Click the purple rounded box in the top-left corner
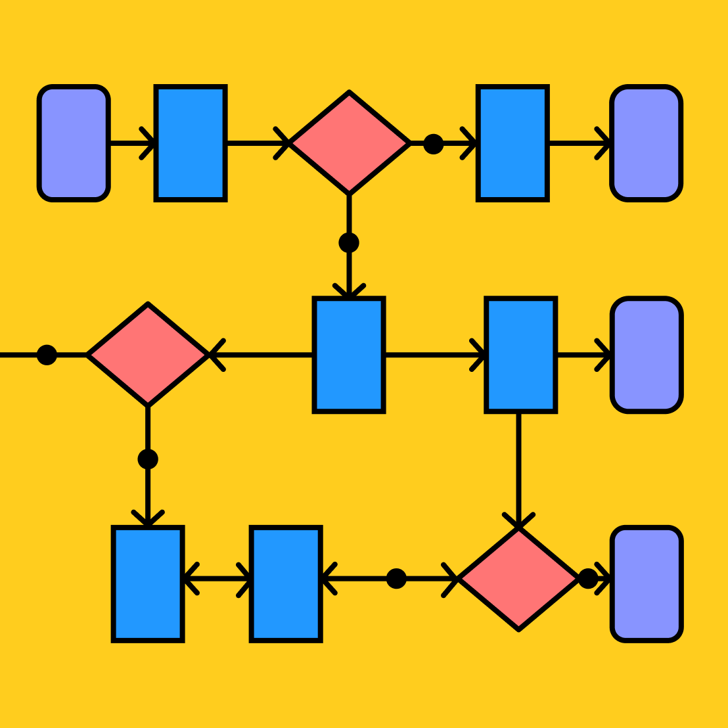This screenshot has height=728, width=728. [x=74, y=143]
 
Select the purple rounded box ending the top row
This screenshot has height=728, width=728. [x=647, y=143]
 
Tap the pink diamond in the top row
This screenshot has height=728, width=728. [x=350, y=143]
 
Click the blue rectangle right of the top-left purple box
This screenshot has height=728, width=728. [x=191, y=143]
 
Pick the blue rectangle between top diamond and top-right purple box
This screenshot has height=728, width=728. [x=512, y=143]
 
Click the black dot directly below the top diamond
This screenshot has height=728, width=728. [x=349, y=242]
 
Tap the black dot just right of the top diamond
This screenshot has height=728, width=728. [x=433, y=144]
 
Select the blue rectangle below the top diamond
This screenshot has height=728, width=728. [x=349, y=355]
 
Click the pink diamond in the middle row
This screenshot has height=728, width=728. [x=148, y=355]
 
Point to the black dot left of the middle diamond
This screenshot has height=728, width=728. [x=47, y=355]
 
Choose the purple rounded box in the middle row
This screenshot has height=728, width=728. [x=647, y=355]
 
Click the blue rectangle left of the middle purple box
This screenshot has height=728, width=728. [x=521, y=355]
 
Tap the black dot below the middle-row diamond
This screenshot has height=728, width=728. [x=148, y=459]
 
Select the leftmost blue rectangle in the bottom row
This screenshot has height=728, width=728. [x=148, y=583]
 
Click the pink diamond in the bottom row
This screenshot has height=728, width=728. [x=518, y=579]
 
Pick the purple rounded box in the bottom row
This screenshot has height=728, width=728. [x=647, y=583]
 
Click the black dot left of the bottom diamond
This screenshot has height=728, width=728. [x=396, y=579]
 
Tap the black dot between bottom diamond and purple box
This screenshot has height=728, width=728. [x=588, y=579]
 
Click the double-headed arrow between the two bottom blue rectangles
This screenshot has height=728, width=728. [x=217, y=579]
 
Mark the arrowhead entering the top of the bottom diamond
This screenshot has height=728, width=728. [x=519, y=520]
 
